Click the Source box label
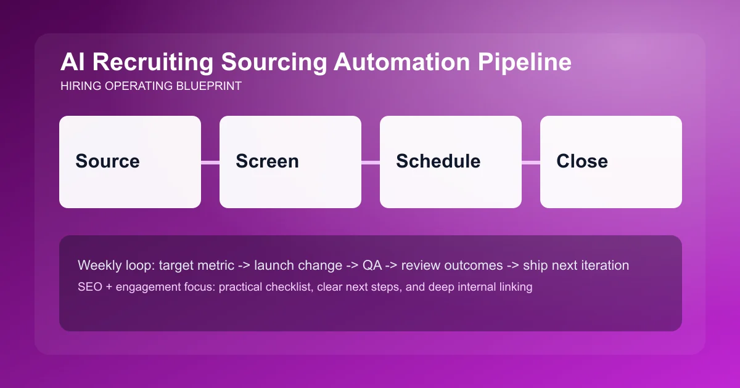[107, 161]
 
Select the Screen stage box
[290, 162]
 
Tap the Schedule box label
[438, 161]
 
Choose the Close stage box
[610, 162]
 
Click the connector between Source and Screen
[210, 163]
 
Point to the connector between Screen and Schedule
[371, 163]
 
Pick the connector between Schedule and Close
[531, 163]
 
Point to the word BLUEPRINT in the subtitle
[208, 86]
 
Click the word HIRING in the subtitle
[80, 86]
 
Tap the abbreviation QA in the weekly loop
[372, 265]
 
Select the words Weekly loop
[116, 265]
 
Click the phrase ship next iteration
[575, 265]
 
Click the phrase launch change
[298, 265]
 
